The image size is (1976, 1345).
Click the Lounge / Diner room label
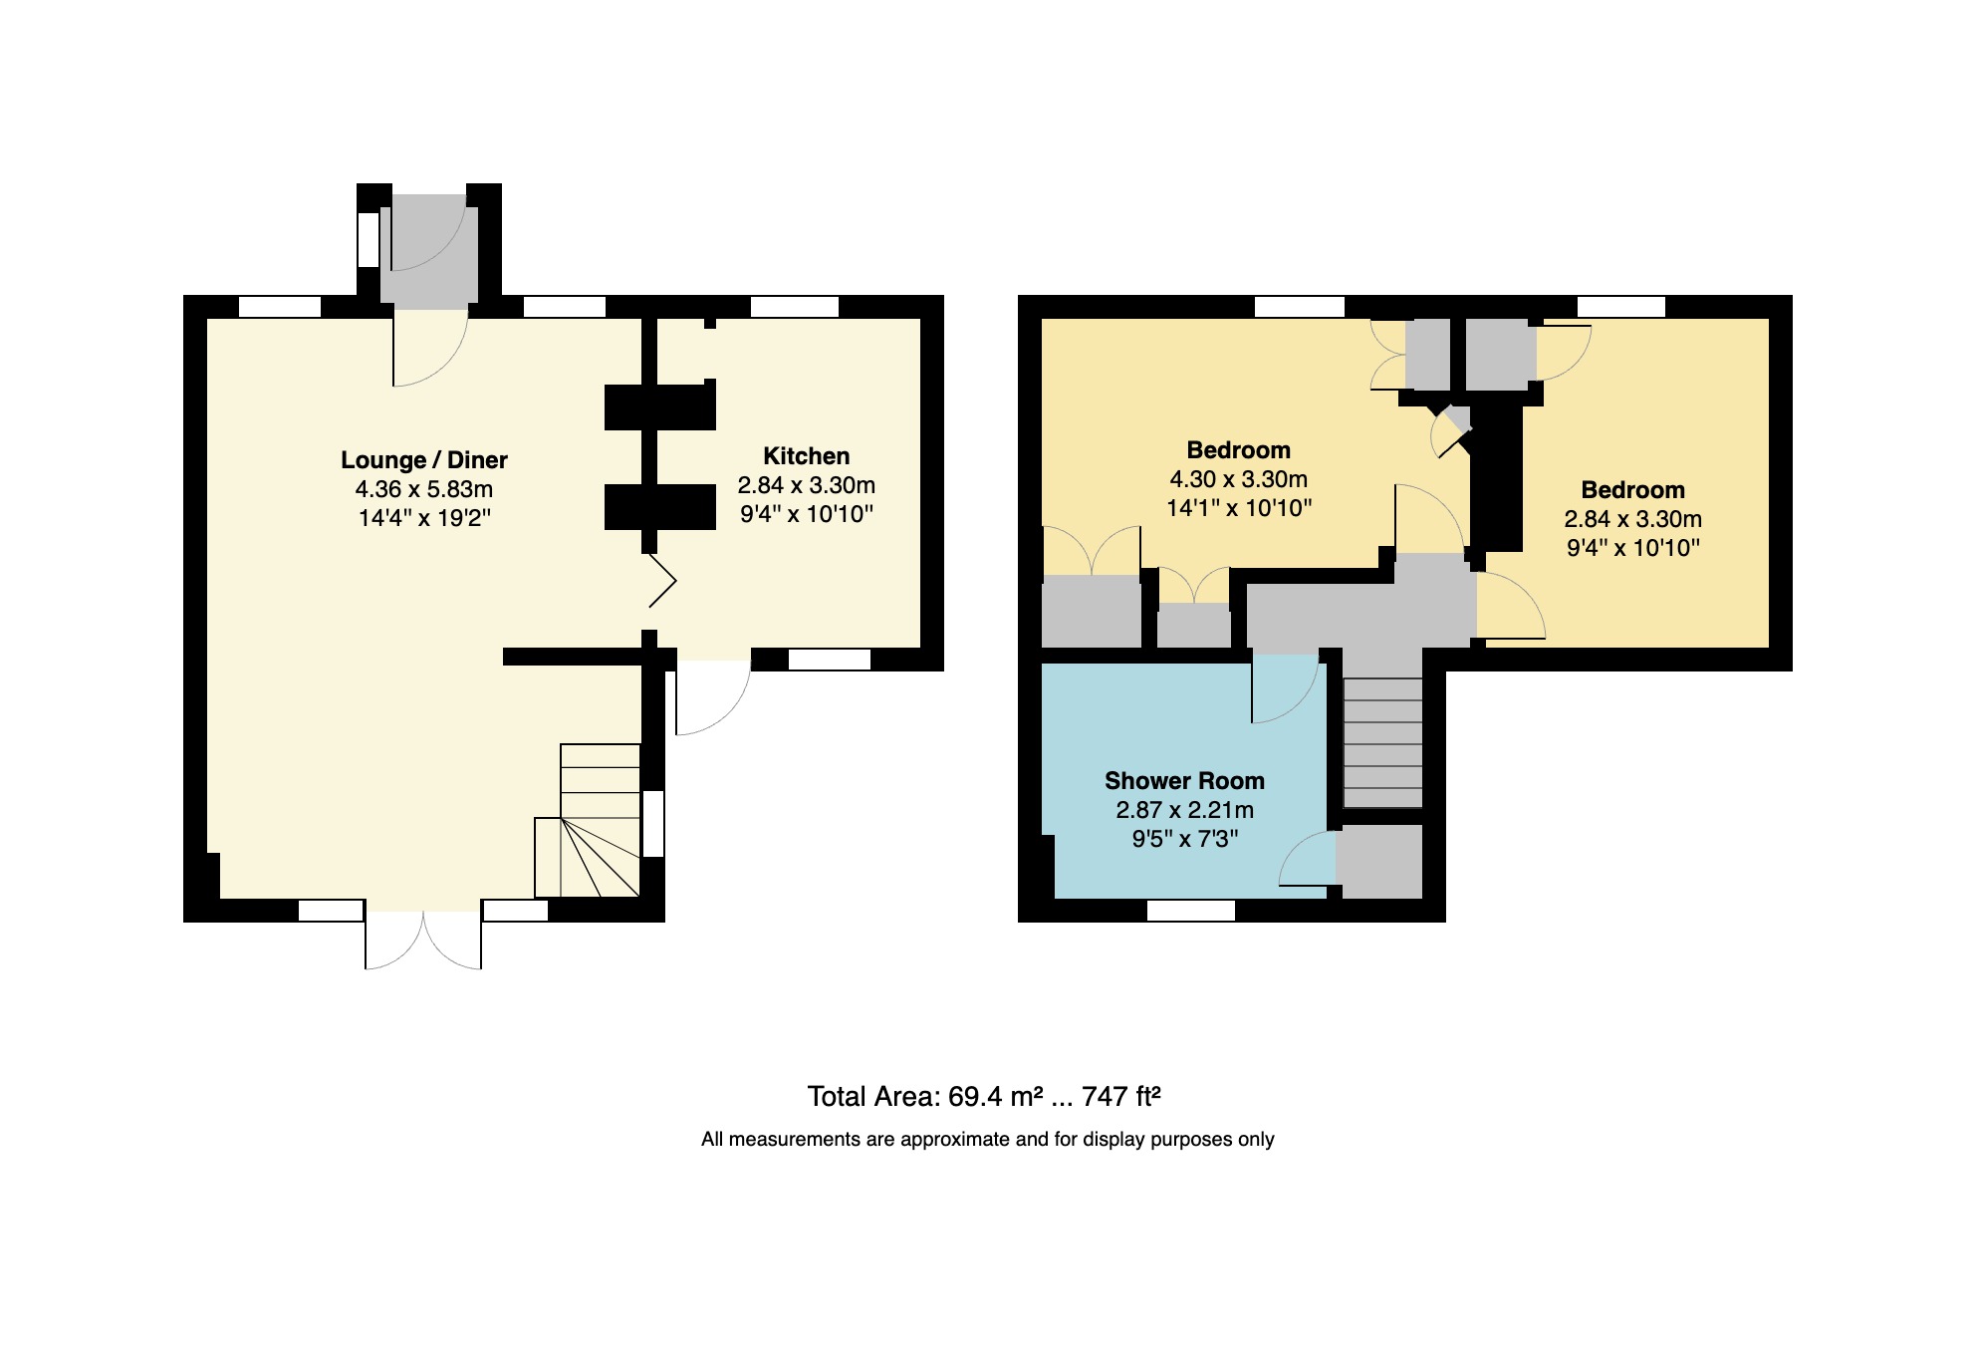click(424, 460)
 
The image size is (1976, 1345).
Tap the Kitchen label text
click(806, 456)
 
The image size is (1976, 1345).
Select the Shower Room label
click(1184, 781)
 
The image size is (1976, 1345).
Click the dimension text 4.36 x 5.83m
click(424, 489)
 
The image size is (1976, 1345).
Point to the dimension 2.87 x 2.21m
click(1184, 810)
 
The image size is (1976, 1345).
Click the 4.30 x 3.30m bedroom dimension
click(1238, 479)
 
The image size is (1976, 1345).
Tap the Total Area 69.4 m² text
click(983, 1097)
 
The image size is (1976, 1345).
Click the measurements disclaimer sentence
click(987, 1140)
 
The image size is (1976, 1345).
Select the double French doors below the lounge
click(423, 940)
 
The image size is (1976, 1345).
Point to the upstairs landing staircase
click(1382, 742)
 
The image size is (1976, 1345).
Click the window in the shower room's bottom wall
click(1190, 910)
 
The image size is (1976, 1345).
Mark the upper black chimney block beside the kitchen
click(659, 406)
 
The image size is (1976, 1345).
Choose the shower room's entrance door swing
click(1284, 687)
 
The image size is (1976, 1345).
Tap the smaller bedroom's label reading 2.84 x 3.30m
click(1632, 519)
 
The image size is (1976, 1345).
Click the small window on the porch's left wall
click(368, 239)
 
